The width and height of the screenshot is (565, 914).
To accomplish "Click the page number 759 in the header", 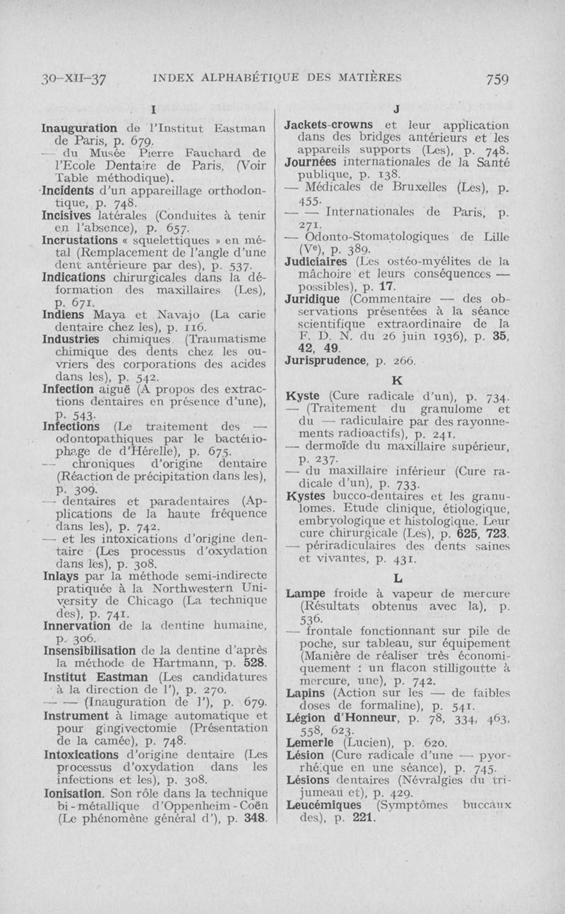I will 497,79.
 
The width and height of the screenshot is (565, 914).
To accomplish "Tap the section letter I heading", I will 153,109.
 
